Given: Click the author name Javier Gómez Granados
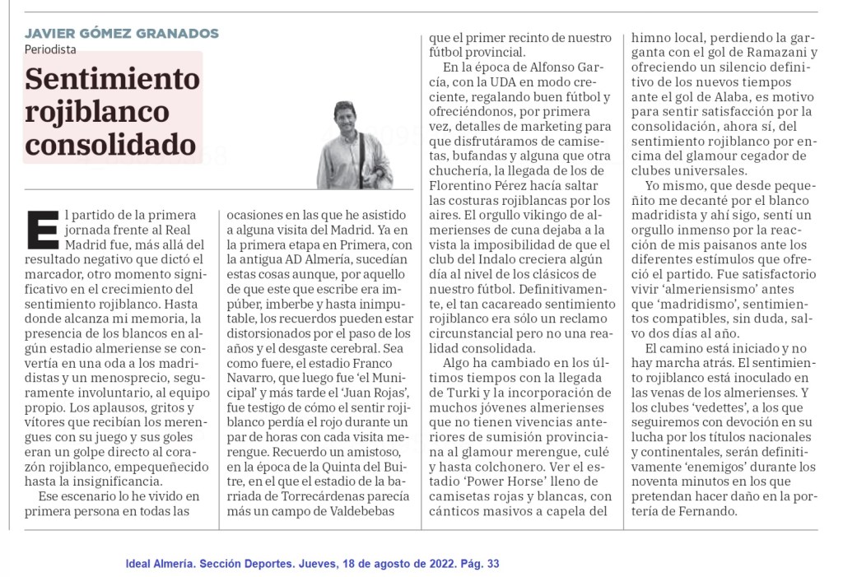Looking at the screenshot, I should point(122,34).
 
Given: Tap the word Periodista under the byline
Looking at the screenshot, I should point(51,49).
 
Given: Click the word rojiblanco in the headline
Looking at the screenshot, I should point(97,112).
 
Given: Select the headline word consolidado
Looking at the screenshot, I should point(110,145).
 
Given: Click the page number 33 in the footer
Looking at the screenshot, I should point(493,564).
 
